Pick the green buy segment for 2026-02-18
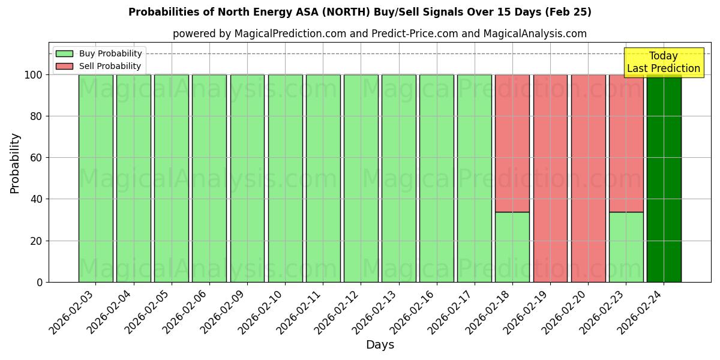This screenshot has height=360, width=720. (x=512, y=247)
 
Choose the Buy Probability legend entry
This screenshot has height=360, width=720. (x=99, y=53)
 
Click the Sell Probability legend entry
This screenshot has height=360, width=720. (x=99, y=66)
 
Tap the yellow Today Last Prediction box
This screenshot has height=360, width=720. (x=663, y=62)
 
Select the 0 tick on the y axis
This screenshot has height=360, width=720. (x=40, y=282)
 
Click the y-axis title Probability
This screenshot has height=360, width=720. (x=16, y=163)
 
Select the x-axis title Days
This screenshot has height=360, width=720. (x=380, y=345)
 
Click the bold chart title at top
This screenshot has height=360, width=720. (x=360, y=12)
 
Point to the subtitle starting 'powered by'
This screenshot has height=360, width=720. (x=380, y=34)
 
